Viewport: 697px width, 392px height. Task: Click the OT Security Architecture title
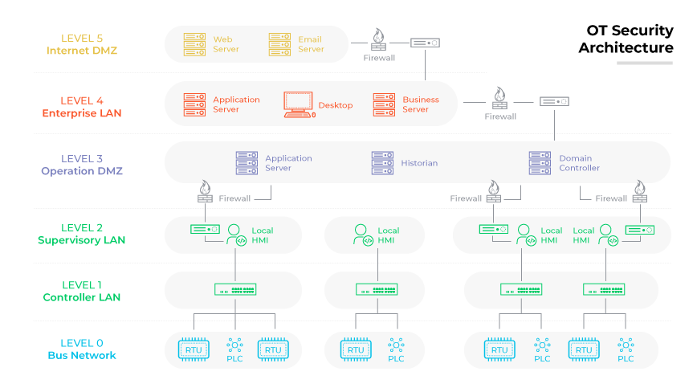626,39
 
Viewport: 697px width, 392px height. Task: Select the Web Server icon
194,43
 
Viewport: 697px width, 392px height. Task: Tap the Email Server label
311,44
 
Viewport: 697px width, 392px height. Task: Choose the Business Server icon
384,104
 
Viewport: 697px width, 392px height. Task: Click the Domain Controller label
579,163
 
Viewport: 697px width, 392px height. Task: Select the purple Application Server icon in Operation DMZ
247,163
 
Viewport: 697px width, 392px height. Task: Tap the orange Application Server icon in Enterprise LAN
194,104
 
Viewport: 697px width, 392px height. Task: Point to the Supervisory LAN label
81,240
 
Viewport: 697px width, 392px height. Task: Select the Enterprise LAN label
82,113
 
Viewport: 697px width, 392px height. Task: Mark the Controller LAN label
82,297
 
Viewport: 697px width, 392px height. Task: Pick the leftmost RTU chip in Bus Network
193,349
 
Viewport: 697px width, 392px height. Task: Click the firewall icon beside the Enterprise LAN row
499,99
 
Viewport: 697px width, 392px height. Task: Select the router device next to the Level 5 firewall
425,43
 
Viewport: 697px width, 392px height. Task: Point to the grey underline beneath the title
645,63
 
